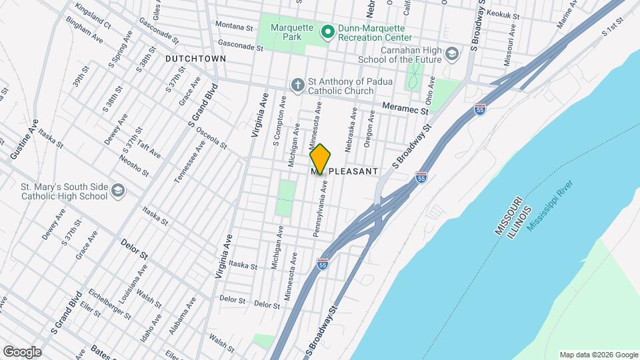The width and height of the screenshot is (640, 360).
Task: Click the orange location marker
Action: click(320, 159)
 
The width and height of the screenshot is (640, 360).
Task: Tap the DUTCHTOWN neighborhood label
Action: click(196, 59)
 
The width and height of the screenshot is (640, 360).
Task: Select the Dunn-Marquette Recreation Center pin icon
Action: click(328, 31)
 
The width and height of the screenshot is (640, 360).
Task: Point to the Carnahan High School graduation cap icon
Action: click(453, 53)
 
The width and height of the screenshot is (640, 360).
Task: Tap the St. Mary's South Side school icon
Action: click(118, 191)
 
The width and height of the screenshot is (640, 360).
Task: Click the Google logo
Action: click(22, 352)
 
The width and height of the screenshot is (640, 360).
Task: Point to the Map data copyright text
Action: click(598, 355)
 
